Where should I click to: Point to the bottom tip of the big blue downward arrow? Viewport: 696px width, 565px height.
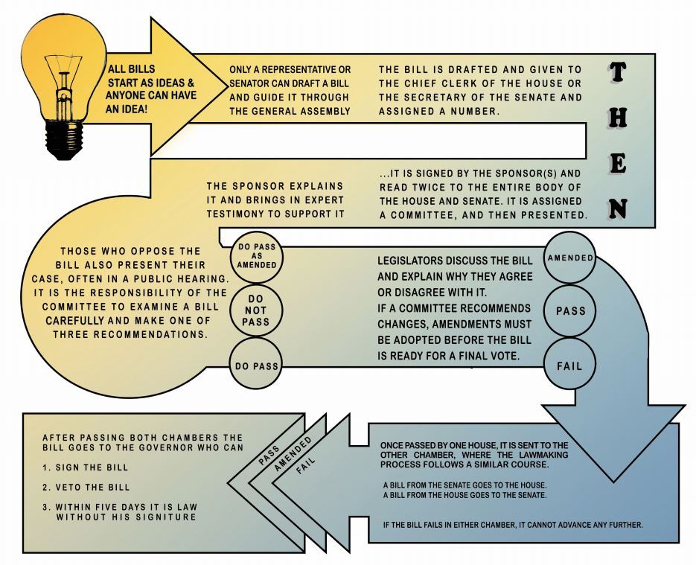(613, 482)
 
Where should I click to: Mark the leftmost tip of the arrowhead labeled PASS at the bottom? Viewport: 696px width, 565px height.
(228, 483)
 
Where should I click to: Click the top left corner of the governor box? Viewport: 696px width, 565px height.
(23, 414)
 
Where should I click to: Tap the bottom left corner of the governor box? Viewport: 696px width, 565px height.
(23, 552)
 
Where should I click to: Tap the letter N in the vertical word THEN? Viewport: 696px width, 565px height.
(617, 208)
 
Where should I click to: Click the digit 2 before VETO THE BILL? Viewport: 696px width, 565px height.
(45, 488)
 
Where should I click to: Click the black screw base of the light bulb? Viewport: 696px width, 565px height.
(64, 140)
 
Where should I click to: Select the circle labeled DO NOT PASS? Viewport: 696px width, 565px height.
(256, 310)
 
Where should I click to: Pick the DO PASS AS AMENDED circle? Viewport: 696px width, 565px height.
(257, 256)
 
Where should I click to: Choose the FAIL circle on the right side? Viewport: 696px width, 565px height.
(569, 366)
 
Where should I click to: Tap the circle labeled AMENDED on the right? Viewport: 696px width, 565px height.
(570, 258)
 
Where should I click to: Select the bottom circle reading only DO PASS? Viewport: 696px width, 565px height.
(256, 366)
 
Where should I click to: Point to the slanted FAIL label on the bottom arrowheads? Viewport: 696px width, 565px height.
(306, 465)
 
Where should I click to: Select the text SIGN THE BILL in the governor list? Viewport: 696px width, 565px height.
(92, 467)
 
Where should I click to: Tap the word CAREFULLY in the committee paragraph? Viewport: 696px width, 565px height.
(75, 320)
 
